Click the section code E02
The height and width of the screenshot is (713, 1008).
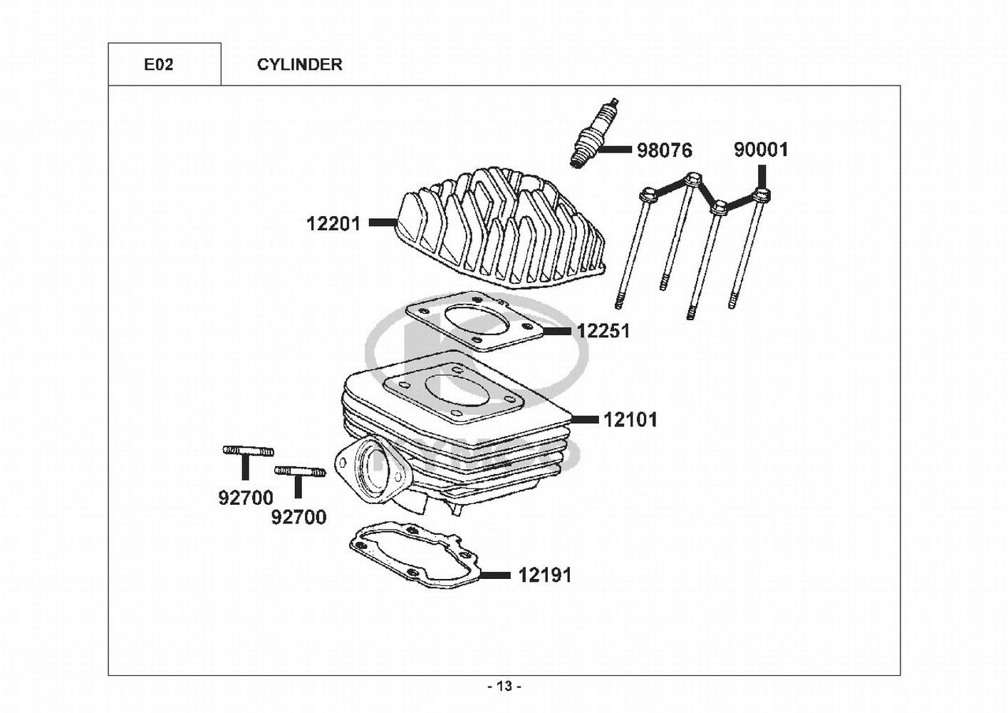coord(158,65)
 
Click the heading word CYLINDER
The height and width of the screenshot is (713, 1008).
coord(300,65)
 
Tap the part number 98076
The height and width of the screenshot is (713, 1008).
coord(665,150)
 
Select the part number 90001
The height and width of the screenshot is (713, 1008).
coord(762,150)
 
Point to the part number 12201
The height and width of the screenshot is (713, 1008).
coord(333,224)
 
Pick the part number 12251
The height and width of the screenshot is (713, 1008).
coord(603,331)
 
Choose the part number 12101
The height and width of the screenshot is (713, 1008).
coord(630,420)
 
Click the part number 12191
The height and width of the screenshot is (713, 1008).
coord(546,575)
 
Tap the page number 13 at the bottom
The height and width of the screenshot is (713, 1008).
coord(505,687)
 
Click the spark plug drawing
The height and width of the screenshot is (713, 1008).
coord(594,133)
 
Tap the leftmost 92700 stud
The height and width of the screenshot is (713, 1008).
coord(249,450)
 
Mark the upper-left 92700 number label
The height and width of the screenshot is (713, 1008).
coord(246,498)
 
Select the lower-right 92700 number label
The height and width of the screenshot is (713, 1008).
coord(298,518)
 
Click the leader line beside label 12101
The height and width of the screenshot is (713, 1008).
coord(585,420)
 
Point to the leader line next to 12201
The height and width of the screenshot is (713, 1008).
coord(383,222)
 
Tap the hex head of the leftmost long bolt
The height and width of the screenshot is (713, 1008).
coord(648,196)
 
